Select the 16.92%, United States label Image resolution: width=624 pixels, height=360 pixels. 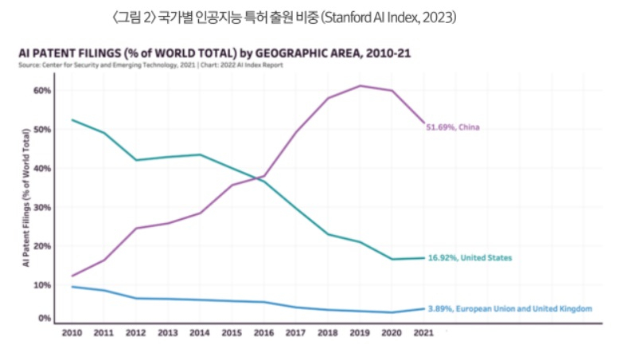pyautogui.click(x=470, y=258)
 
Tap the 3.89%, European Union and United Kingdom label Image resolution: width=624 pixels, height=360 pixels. pyautogui.click(x=509, y=307)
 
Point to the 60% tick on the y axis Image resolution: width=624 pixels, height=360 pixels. pyautogui.click(x=41, y=91)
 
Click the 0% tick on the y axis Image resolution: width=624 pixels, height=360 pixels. pyautogui.click(x=44, y=318)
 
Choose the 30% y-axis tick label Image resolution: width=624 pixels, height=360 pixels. pyautogui.click(x=41, y=207)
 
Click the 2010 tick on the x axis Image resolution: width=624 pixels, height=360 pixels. pyautogui.click(x=72, y=333)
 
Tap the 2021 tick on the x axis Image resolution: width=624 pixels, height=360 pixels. pyautogui.click(x=424, y=333)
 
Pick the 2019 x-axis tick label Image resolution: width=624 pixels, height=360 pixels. pyautogui.click(x=361, y=333)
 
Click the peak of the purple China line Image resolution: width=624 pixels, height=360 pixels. pyautogui.click(x=361, y=85)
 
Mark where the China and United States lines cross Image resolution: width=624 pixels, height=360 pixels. pyautogui.click(x=260, y=178)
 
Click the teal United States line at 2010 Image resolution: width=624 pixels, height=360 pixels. pyautogui.click(x=72, y=119)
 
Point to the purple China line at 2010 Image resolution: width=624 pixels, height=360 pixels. pyautogui.click(x=72, y=276)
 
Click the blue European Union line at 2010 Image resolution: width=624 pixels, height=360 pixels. pyautogui.click(x=72, y=287)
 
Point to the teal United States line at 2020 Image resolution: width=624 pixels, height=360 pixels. pyautogui.click(x=392, y=259)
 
